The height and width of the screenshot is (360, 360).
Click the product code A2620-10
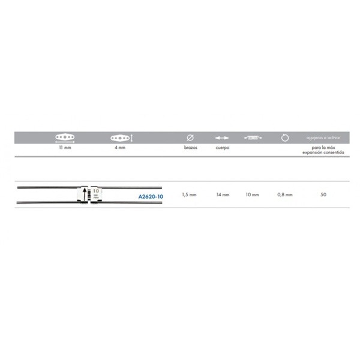pyautogui.click(x=151, y=197)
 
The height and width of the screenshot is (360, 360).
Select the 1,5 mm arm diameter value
pyautogui.click(x=189, y=194)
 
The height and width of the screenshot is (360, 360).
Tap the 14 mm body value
pyautogui.click(x=223, y=194)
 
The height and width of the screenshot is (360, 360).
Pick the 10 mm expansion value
pyautogui.click(x=252, y=194)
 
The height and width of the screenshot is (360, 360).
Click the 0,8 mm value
pyautogui.click(x=285, y=194)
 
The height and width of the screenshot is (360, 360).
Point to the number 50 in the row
pyautogui.click(x=323, y=194)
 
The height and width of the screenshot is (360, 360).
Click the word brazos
pyautogui.click(x=191, y=148)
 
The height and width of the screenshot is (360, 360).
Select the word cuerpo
pyautogui.click(x=223, y=148)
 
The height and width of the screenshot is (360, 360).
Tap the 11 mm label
pyautogui.click(x=65, y=148)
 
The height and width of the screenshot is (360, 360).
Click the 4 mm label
pyautogui.click(x=120, y=148)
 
